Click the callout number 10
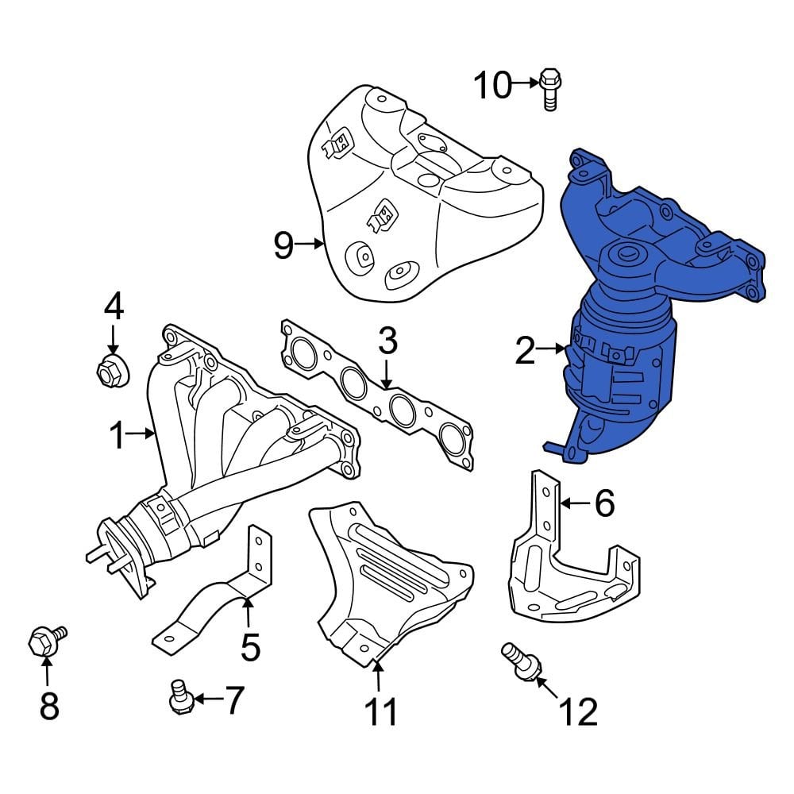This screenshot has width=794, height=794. click(x=493, y=85)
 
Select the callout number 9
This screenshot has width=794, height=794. click(x=283, y=245)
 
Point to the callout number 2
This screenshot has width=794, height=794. click(x=525, y=350)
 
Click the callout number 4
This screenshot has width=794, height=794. click(x=114, y=306)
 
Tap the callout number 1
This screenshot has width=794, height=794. click(x=118, y=435)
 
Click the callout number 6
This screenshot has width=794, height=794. click(x=605, y=503)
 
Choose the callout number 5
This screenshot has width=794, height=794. click(x=250, y=647)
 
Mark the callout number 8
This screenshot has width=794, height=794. click(x=48, y=705)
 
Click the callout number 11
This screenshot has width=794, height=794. click(x=380, y=712)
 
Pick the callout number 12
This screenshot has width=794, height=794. click(x=578, y=712)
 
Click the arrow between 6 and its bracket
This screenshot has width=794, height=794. click(x=576, y=503)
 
